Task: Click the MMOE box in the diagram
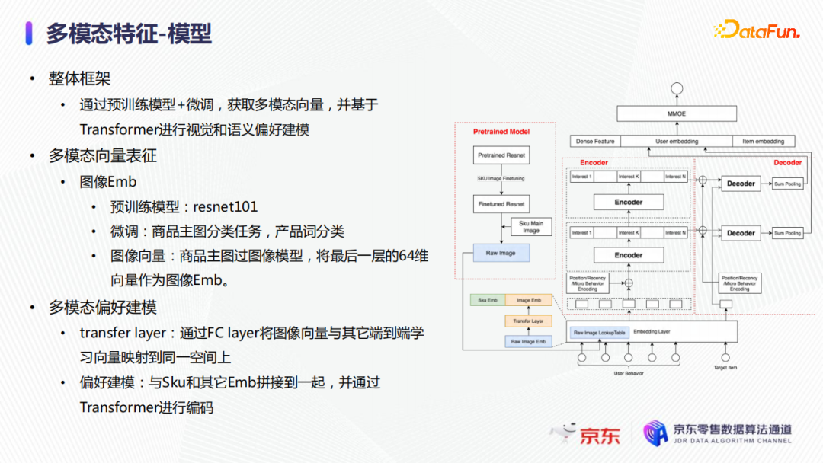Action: pyautogui.click(x=676, y=114)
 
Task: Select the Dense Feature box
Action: pyautogui.click(x=595, y=141)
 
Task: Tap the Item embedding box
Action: pyautogui.click(x=763, y=141)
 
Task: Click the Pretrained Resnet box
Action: pyautogui.click(x=501, y=155)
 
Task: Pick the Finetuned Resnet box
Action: pyautogui.click(x=501, y=204)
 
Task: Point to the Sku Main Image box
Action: pyautogui.click(x=531, y=227)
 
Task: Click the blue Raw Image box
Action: pyautogui.click(x=501, y=253)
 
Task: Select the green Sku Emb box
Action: pyautogui.click(x=488, y=301)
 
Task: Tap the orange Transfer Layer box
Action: pyautogui.click(x=527, y=321)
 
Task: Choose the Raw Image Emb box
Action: pyautogui.click(x=527, y=341)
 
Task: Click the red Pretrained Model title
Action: pyautogui.click(x=501, y=132)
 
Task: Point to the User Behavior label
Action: pyautogui.click(x=629, y=374)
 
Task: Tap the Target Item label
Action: pyautogui.click(x=725, y=367)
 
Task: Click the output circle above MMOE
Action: pyautogui.click(x=676, y=87)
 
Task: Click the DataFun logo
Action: pyautogui.click(x=756, y=30)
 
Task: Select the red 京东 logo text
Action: pyautogui.click(x=600, y=435)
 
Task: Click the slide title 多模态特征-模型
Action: pyautogui.click(x=129, y=34)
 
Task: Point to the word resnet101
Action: pyautogui.click(x=226, y=206)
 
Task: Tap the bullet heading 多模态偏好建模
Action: pyautogui.click(x=103, y=307)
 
